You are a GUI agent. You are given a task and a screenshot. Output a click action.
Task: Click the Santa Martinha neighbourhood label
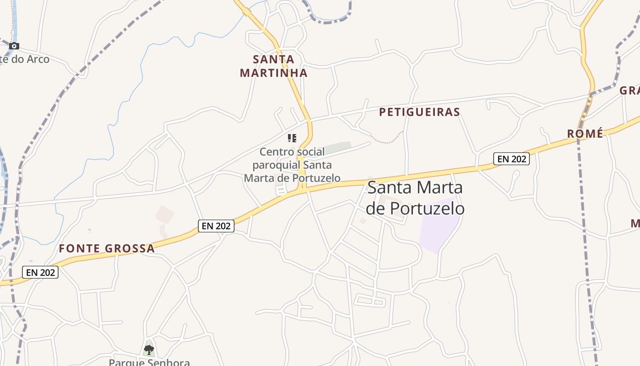(x=273, y=66)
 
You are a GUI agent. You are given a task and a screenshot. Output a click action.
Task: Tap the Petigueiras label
(x=419, y=112)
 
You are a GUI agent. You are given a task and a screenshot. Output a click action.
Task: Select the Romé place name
(x=585, y=134)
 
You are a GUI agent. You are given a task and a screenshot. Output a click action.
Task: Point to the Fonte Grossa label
(x=107, y=248)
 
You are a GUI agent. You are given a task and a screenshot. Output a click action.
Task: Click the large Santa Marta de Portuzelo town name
(x=415, y=198)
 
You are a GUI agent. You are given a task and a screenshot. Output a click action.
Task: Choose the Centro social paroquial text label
(x=292, y=165)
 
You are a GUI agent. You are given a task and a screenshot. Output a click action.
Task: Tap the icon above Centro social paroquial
(x=292, y=138)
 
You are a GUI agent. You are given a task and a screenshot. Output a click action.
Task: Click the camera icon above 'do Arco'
(x=14, y=46)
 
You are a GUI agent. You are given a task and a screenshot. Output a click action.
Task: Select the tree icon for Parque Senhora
(x=149, y=350)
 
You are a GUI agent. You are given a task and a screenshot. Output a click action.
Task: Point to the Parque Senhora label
(x=149, y=362)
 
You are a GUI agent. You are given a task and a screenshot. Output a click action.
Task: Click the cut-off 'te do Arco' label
(x=25, y=59)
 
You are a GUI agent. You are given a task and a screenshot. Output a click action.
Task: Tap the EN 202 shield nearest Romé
(x=511, y=159)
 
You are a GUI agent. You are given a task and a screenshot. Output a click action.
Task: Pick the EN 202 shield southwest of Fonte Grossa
(x=40, y=272)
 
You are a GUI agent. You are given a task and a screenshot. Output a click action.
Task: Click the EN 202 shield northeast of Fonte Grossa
(x=216, y=226)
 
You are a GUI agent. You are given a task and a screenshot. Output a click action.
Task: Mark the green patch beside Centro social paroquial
(x=338, y=147)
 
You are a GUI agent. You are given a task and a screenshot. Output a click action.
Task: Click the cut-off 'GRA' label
(x=629, y=91)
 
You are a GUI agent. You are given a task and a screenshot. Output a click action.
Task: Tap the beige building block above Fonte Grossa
(x=165, y=215)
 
